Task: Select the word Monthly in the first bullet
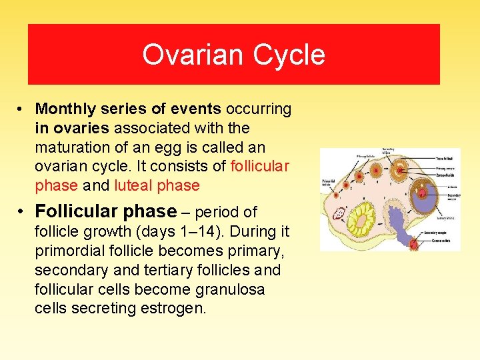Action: [x=63, y=109]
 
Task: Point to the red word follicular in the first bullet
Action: [x=259, y=166]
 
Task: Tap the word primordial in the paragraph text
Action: [x=72, y=251]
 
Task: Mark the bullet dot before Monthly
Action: [x=22, y=109]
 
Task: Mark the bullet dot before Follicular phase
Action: [x=22, y=212]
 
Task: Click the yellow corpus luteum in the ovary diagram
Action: [x=364, y=217]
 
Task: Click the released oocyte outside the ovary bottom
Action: [x=414, y=244]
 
